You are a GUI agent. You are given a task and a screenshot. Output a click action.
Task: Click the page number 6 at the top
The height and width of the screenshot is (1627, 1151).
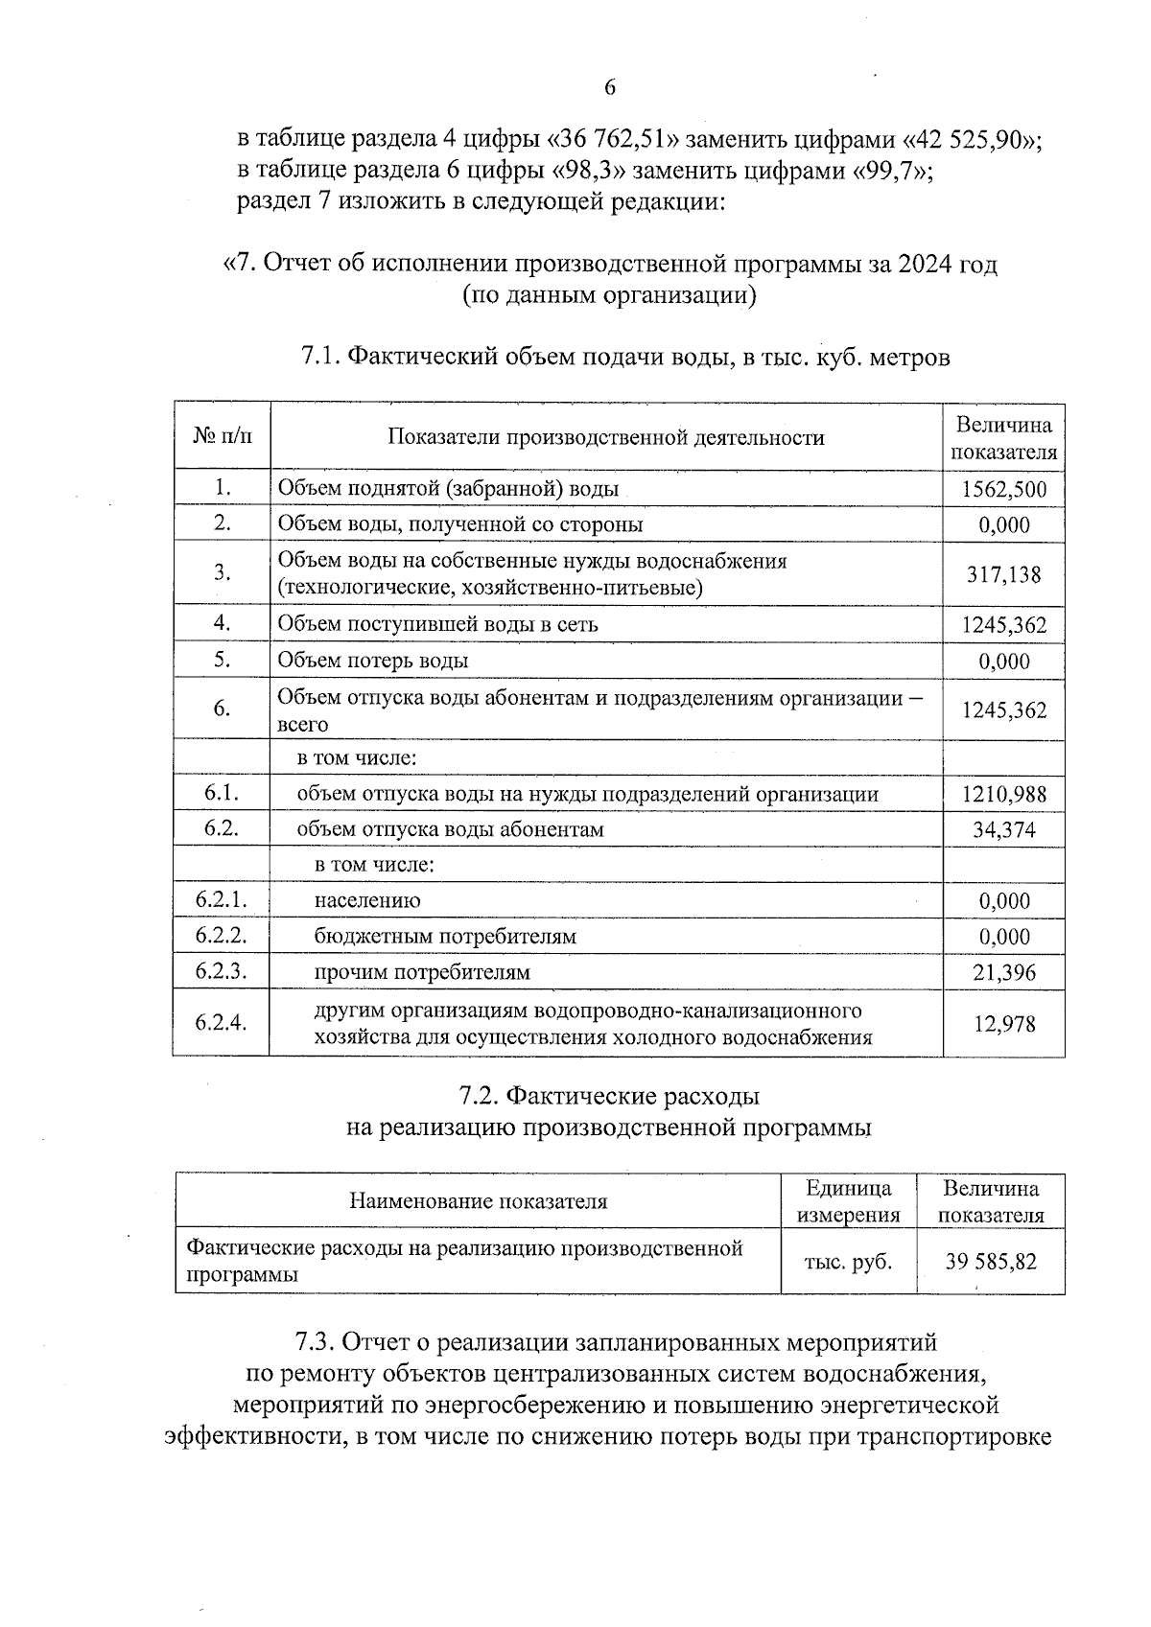click(610, 88)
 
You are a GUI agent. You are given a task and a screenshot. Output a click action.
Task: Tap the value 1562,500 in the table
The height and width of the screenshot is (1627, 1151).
click(1003, 490)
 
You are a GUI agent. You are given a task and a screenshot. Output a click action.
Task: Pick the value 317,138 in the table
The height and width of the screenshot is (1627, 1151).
click(1003, 574)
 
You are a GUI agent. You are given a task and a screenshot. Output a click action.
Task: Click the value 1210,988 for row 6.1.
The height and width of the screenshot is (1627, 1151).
click(1003, 794)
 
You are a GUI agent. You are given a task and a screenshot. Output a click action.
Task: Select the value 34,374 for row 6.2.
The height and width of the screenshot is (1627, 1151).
click(1003, 829)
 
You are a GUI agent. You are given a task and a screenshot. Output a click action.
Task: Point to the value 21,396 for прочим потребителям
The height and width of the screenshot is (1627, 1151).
click(1003, 973)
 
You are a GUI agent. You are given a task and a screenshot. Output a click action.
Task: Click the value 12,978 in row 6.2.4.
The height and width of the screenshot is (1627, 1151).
click(1003, 1024)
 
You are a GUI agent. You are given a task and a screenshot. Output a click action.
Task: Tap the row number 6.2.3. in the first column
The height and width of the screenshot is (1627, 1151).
click(222, 971)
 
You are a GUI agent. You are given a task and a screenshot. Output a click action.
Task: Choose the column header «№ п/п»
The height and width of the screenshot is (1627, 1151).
click(223, 437)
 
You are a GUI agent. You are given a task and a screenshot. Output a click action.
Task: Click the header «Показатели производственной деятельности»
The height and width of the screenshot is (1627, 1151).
click(605, 438)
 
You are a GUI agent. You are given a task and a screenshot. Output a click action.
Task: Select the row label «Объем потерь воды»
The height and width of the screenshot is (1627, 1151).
click(373, 661)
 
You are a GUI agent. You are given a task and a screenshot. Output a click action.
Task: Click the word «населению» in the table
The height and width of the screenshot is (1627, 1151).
click(367, 901)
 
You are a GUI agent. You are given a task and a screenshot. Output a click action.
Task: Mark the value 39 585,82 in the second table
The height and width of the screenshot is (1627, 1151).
click(990, 1262)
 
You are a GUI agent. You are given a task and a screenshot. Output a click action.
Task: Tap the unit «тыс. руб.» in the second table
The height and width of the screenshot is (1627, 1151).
click(848, 1262)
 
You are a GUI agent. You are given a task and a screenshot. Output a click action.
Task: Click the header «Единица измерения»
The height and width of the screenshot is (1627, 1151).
click(848, 1201)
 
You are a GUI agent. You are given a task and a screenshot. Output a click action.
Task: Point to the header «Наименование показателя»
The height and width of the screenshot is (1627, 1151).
click(478, 1201)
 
